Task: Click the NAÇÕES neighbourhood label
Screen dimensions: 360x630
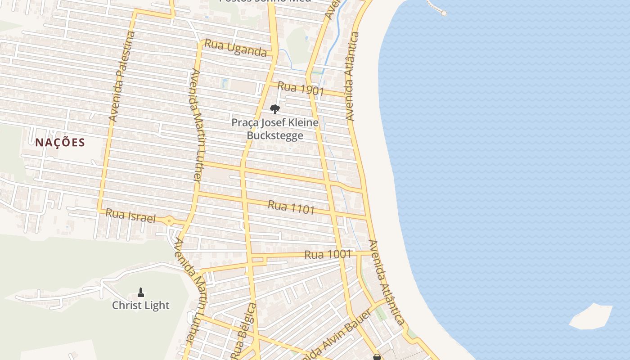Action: [60, 143]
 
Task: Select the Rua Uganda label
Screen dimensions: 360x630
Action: [235, 48]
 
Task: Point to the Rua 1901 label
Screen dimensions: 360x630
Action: [301, 88]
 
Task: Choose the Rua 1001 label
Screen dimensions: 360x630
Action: [328, 254]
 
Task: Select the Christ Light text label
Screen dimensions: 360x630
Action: [141, 306]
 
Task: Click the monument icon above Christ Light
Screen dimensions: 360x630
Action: [141, 292]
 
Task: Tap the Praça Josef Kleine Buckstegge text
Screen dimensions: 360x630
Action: [275, 129]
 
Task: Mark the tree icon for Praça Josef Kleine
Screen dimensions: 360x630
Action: [274, 109]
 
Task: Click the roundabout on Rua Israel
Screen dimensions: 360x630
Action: [169, 220]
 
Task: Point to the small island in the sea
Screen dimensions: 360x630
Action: [591, 316]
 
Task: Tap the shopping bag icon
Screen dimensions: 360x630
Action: [377, 357]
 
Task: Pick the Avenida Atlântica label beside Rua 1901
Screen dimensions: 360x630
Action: [351, 76]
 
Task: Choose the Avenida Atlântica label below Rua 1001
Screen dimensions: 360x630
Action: [386, 282]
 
